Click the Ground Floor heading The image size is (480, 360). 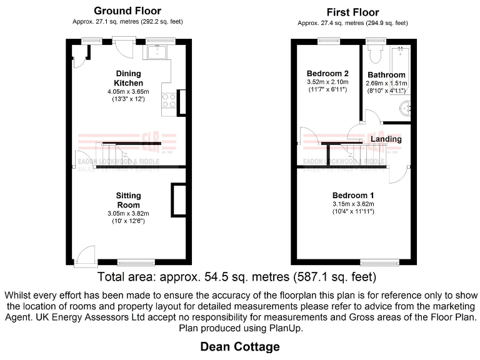click(x=127, y=11)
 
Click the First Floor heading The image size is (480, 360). click(x=352, y=12)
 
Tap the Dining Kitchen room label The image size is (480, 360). click(x=128, y=78)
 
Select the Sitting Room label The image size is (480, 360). click(x=128, y=200)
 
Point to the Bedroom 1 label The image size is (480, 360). click(x=353, y=195)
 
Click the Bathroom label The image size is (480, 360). click(x=387, y=75)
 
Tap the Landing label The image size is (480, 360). click(x=386, y=139)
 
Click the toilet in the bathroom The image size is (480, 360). click(x=376, y=54)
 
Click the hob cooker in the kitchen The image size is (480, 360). click(x=168, y=100)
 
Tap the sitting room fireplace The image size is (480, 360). click(x=178, y=200)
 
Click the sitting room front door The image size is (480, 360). click(x=84, y=256)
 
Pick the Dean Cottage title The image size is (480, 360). click(x=240, y=346)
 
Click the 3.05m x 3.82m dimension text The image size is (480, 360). click(x=128, y=214)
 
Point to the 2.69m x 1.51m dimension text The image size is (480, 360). click(x=387, y=83)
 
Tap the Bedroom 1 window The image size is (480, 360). click(x=379, y=261)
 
